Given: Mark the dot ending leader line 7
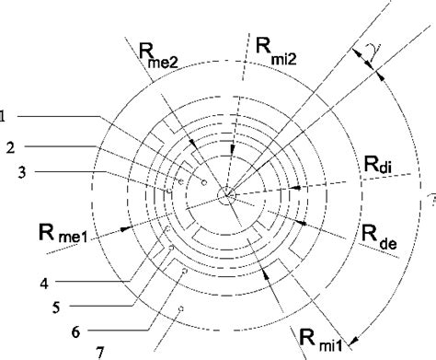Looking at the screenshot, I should point(182,309).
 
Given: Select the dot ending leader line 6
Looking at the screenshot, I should point(187,273).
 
